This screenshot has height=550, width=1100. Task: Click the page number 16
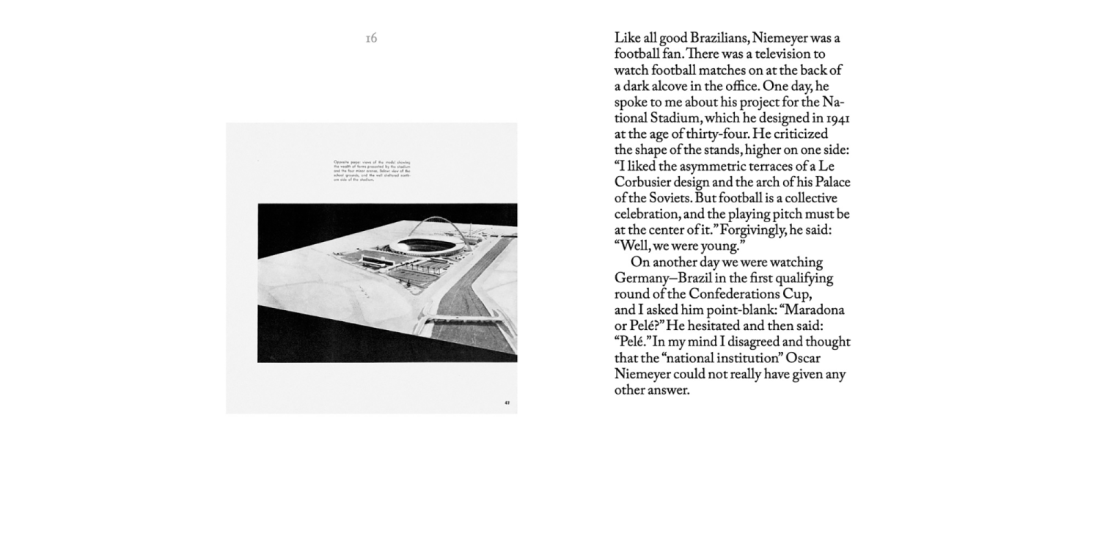(371, 38)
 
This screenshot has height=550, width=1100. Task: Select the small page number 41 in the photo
(507, 402)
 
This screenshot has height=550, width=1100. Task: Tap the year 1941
(837, 118)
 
